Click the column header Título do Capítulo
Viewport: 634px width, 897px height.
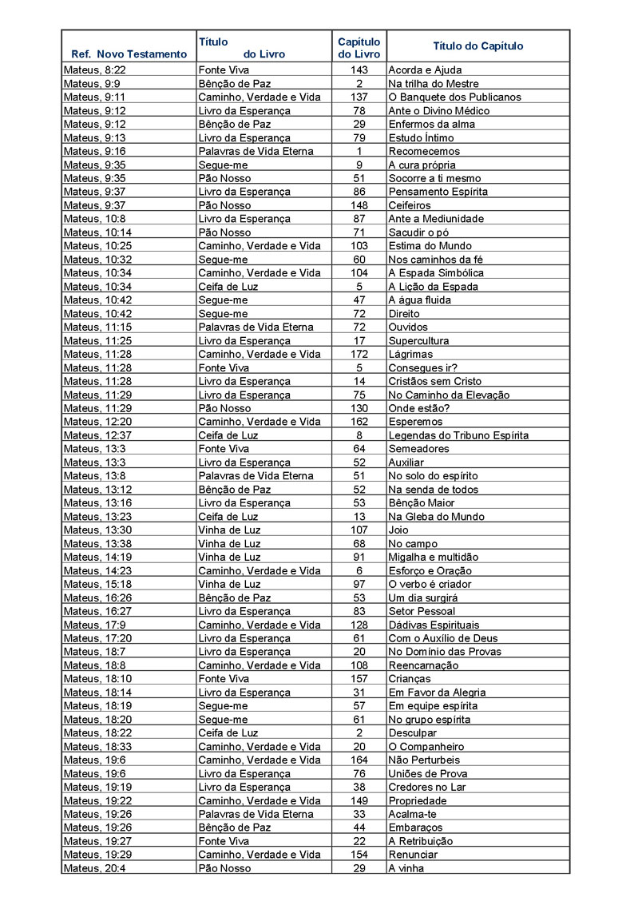477,46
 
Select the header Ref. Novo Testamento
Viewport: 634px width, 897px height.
129,54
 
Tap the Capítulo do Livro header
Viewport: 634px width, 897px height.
359,47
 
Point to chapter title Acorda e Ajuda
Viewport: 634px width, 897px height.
425,70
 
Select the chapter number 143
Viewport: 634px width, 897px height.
359,70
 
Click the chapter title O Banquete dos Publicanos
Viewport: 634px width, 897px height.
454,97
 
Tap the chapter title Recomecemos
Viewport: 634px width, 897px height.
424,152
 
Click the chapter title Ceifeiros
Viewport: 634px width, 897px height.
410,205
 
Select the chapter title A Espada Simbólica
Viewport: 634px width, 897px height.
436,273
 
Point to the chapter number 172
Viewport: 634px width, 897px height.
359,354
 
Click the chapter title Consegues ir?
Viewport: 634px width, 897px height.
422,367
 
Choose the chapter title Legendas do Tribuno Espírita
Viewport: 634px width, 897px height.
458,435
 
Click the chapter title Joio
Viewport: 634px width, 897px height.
398,530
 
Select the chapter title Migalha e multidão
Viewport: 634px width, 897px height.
434,557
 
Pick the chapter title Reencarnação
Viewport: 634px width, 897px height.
423,665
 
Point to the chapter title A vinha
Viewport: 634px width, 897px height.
406,868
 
